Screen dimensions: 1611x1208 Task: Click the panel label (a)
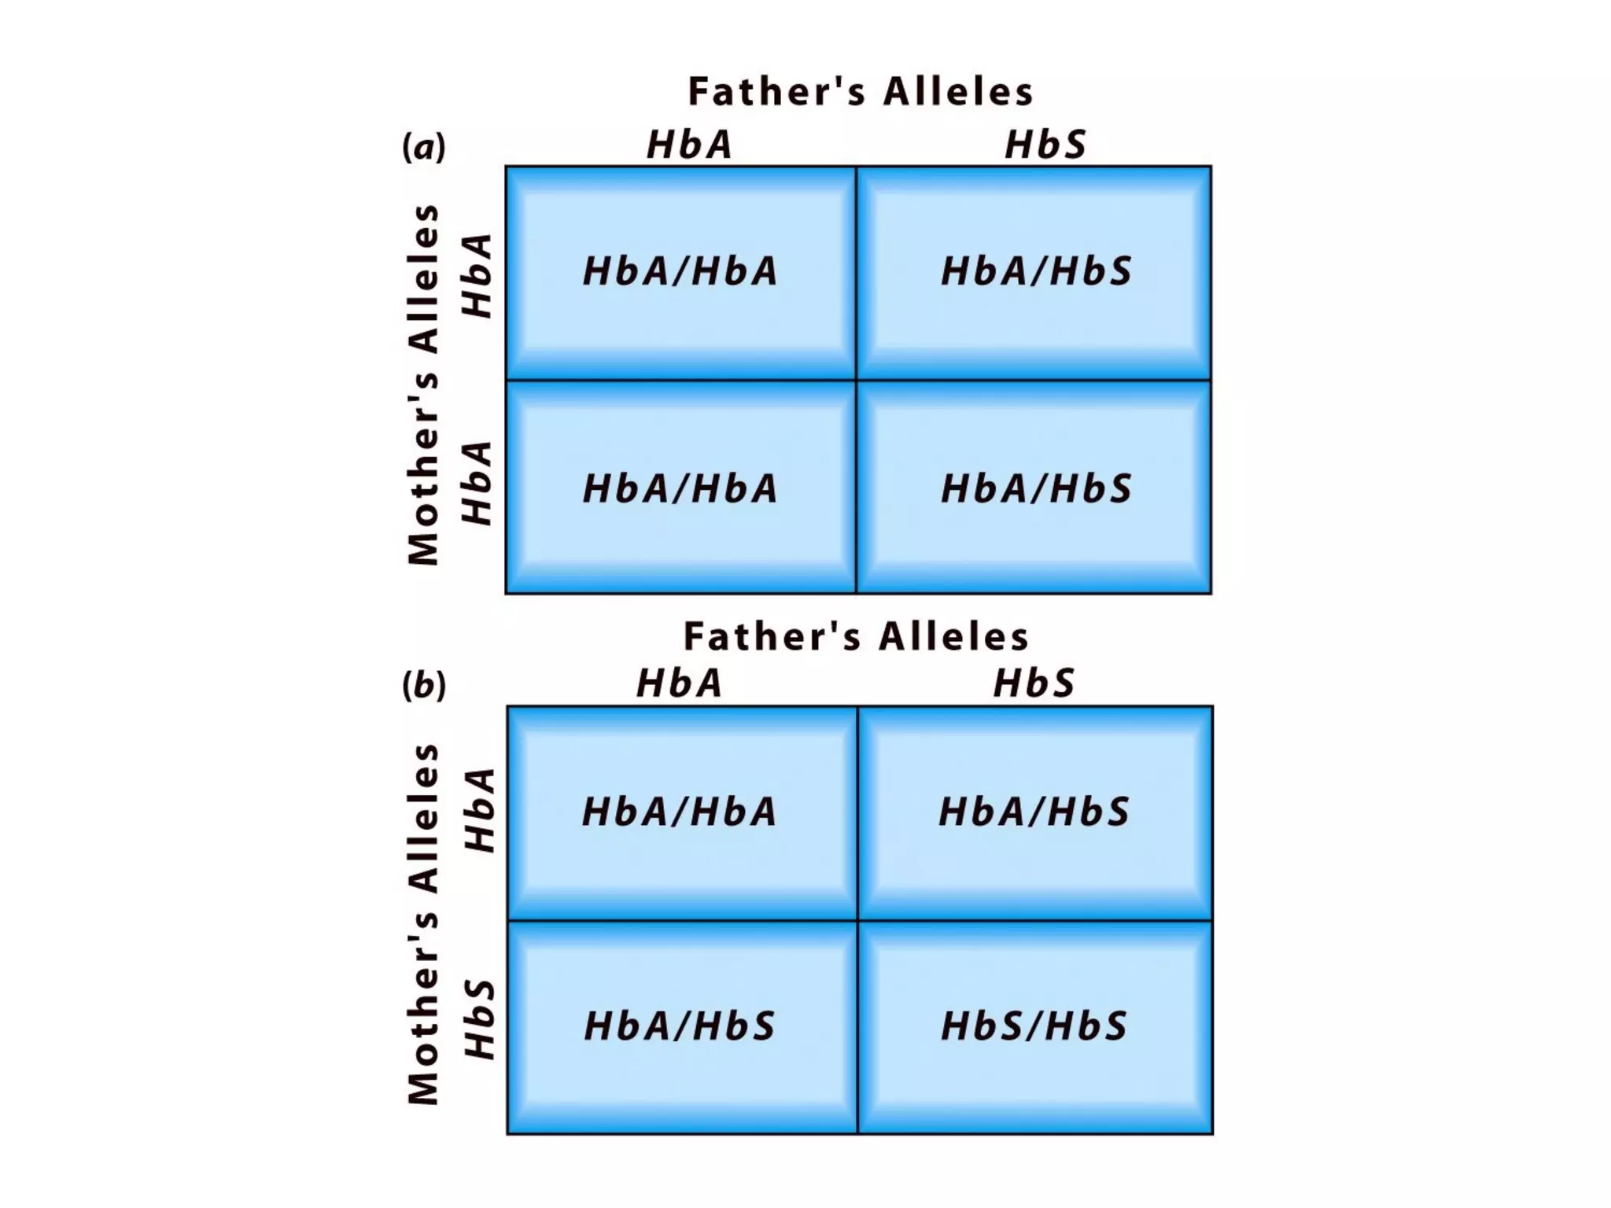point(424,147)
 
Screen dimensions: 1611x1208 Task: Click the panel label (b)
point(424,685)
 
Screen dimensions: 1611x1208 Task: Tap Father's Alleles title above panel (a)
point(861,91)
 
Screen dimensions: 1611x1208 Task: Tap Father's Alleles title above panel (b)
point(856,636)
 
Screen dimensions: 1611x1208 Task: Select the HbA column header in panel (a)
point(690,145)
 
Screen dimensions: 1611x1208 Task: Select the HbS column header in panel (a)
point(1045,145)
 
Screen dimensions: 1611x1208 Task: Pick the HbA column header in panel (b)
point(680,683)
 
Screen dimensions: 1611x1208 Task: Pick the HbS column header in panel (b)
point(1034,683)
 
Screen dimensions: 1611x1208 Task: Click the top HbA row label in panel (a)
point(477,275)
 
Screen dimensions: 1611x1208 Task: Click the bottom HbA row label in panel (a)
point(477,483)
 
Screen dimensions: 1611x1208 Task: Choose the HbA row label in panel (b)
point(479,810)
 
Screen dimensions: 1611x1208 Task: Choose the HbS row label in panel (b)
point(479,1019)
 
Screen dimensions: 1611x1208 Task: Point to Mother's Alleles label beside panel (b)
point(424,924)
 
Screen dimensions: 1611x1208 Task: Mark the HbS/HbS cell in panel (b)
point(1034,1026)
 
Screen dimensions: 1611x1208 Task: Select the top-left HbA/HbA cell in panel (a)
point(680,271)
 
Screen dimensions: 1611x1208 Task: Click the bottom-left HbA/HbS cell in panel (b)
point(680,1026)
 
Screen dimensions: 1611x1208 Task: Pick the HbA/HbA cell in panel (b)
point(680,812)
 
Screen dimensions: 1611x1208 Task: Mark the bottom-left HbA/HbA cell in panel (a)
point(680,488)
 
